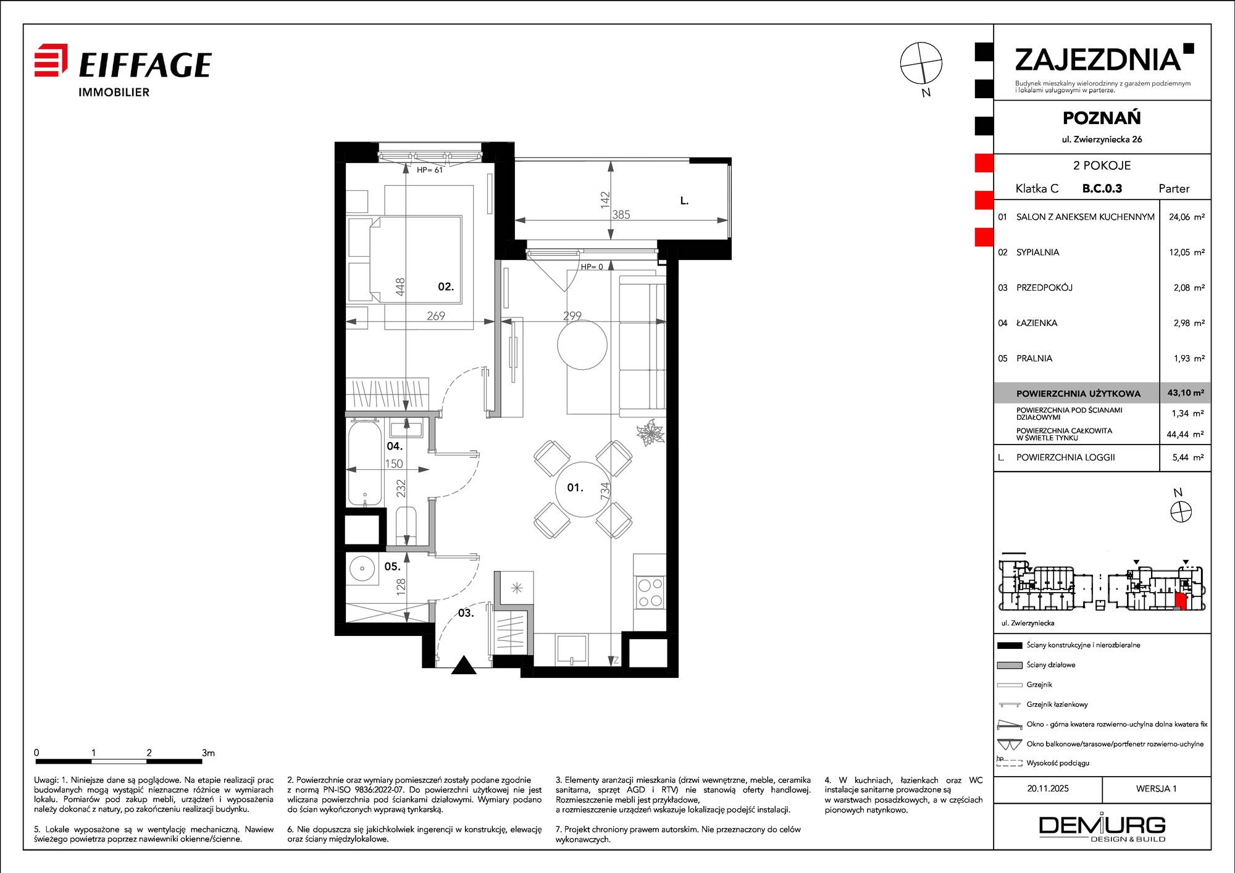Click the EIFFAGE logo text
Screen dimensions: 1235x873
click(145, 65)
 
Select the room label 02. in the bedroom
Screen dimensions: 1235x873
click(446, 286)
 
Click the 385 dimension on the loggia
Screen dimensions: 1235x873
click(621, 214)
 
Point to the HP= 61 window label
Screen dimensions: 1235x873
click(430, 170)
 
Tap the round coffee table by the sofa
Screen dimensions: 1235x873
click(582, 345)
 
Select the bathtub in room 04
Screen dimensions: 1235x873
click(364, 463)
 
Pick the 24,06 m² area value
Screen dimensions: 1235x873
click(1186, 217)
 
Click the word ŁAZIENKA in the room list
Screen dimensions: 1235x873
click(1037, 323)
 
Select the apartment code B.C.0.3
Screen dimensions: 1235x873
click(1102, 188)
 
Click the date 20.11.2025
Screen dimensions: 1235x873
click(1048, 788)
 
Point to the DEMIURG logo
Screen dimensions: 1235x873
click(1102, 828)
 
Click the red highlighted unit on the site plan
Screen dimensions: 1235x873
click(1180, 601)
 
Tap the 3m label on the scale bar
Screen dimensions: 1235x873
click(208, 753)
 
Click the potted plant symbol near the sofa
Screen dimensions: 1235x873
click(650, 432)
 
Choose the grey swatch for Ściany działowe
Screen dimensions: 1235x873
click(1009, 665)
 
